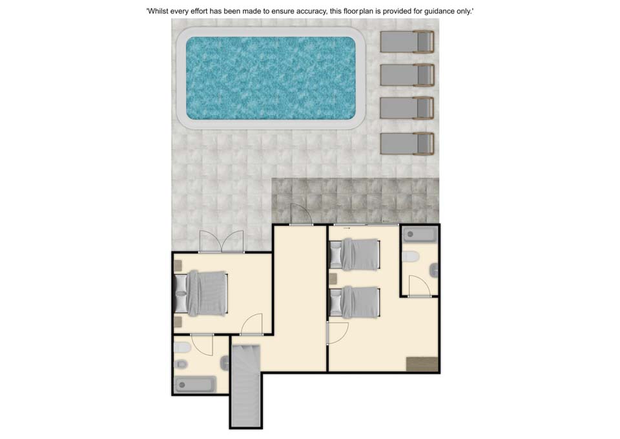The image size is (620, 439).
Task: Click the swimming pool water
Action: coord(271,78)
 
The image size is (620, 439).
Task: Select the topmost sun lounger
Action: coord(408,41)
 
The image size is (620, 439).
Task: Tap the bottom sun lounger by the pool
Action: coord(408,144)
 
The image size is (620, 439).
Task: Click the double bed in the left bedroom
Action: coord(201,294)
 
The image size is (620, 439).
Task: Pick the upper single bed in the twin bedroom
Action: coord(355,254)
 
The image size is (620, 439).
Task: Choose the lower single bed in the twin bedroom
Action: coord(355,302)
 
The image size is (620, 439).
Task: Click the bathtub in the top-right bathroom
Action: coord(420,234)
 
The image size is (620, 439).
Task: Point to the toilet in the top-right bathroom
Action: coord(410,257)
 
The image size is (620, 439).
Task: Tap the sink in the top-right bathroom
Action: coord(434,270)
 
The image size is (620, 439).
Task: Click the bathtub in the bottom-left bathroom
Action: coord(195,385)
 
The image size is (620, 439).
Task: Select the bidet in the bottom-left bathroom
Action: coord(181,364)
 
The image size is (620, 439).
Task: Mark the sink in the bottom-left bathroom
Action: coord(225,363)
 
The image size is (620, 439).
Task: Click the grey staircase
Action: coord(246,385)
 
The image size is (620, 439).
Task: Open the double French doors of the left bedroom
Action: coord(222,241)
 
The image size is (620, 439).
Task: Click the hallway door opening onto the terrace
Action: coord(301,214)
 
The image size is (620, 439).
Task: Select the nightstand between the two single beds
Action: coord(333,279)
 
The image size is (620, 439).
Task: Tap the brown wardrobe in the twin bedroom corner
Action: coord(422,364)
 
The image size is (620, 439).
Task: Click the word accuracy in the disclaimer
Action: coord(311,11)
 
